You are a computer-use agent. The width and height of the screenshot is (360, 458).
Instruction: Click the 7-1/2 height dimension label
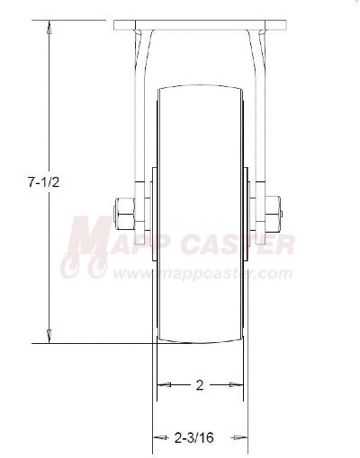point(37,181)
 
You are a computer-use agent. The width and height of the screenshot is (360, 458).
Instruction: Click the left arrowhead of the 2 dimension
point(163,385)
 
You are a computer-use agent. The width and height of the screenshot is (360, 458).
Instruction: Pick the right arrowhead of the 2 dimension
point(237,385)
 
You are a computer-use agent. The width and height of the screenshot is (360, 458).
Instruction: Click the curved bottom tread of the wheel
point(200,344)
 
